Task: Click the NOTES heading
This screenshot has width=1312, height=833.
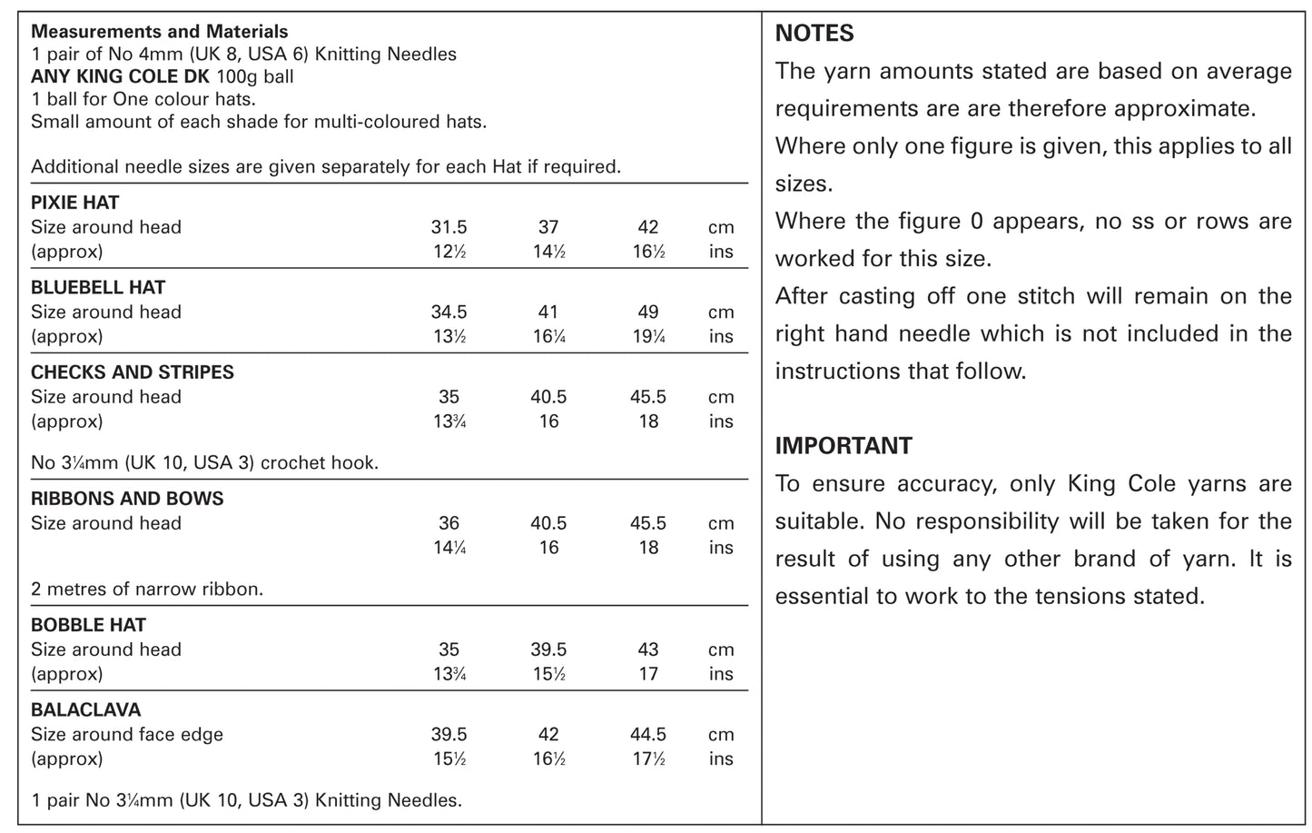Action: [814, 34]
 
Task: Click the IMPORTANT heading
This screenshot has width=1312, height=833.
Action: [843, 446]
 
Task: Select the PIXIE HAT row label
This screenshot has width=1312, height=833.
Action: [75, 203]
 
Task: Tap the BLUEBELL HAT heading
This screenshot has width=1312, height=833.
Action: [98, 288]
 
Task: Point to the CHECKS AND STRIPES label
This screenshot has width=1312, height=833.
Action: [133, 372]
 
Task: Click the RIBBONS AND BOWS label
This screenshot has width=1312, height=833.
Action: [127, 499]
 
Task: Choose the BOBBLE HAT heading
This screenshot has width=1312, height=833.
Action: [88, 625]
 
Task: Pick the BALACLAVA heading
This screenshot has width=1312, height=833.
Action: [86, 709]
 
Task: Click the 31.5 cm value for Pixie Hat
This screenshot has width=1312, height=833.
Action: [449, 227]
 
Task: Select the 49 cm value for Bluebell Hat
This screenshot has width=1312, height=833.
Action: [648, 312]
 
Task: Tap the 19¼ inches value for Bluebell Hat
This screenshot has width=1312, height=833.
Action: [648, 336]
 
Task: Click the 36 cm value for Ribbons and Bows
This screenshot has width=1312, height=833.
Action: [449, 523]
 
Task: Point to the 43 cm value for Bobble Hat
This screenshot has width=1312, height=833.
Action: [648, 650]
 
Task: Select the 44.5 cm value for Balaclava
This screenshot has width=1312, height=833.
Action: [648, 734]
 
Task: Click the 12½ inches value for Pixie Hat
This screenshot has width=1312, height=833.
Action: [449, 252]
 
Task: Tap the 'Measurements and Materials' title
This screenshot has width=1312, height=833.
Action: [160, 32]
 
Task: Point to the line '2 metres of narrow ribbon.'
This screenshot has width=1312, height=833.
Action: [147, 589]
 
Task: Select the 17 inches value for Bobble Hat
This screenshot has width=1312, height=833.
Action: [648, 674]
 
